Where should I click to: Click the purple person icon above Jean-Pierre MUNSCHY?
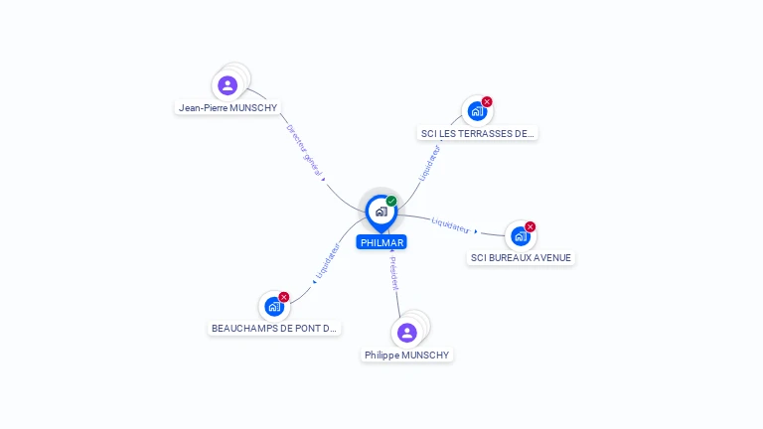click(228, 85)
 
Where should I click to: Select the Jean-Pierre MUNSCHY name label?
click(228, 108)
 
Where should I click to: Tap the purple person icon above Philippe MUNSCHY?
click(406, 334)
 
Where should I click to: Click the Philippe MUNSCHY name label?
click(406, 356)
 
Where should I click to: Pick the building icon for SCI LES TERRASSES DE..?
click(477, 111)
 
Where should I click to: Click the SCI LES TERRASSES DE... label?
click(477, 134)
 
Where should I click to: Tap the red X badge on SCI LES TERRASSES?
click(487, 101)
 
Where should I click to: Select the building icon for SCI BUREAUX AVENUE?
click(521, 236)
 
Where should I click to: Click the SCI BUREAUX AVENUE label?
click(521, 258)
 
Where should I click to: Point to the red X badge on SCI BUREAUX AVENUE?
click(530, 226)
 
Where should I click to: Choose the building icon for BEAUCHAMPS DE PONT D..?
click(274, 307)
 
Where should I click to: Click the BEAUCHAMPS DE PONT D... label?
click(274, 329)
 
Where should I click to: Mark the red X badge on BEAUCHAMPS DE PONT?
click(284, 297)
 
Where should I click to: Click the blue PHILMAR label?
click(381, 242)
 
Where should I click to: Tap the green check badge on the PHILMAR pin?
click(391, 201)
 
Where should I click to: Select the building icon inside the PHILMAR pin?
click(381, 212)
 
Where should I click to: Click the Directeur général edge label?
click(305, 151)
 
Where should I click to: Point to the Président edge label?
click(394, 273)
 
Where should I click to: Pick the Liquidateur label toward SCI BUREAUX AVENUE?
click(451, 225)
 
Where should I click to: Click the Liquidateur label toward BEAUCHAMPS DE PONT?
click(328, 261)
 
